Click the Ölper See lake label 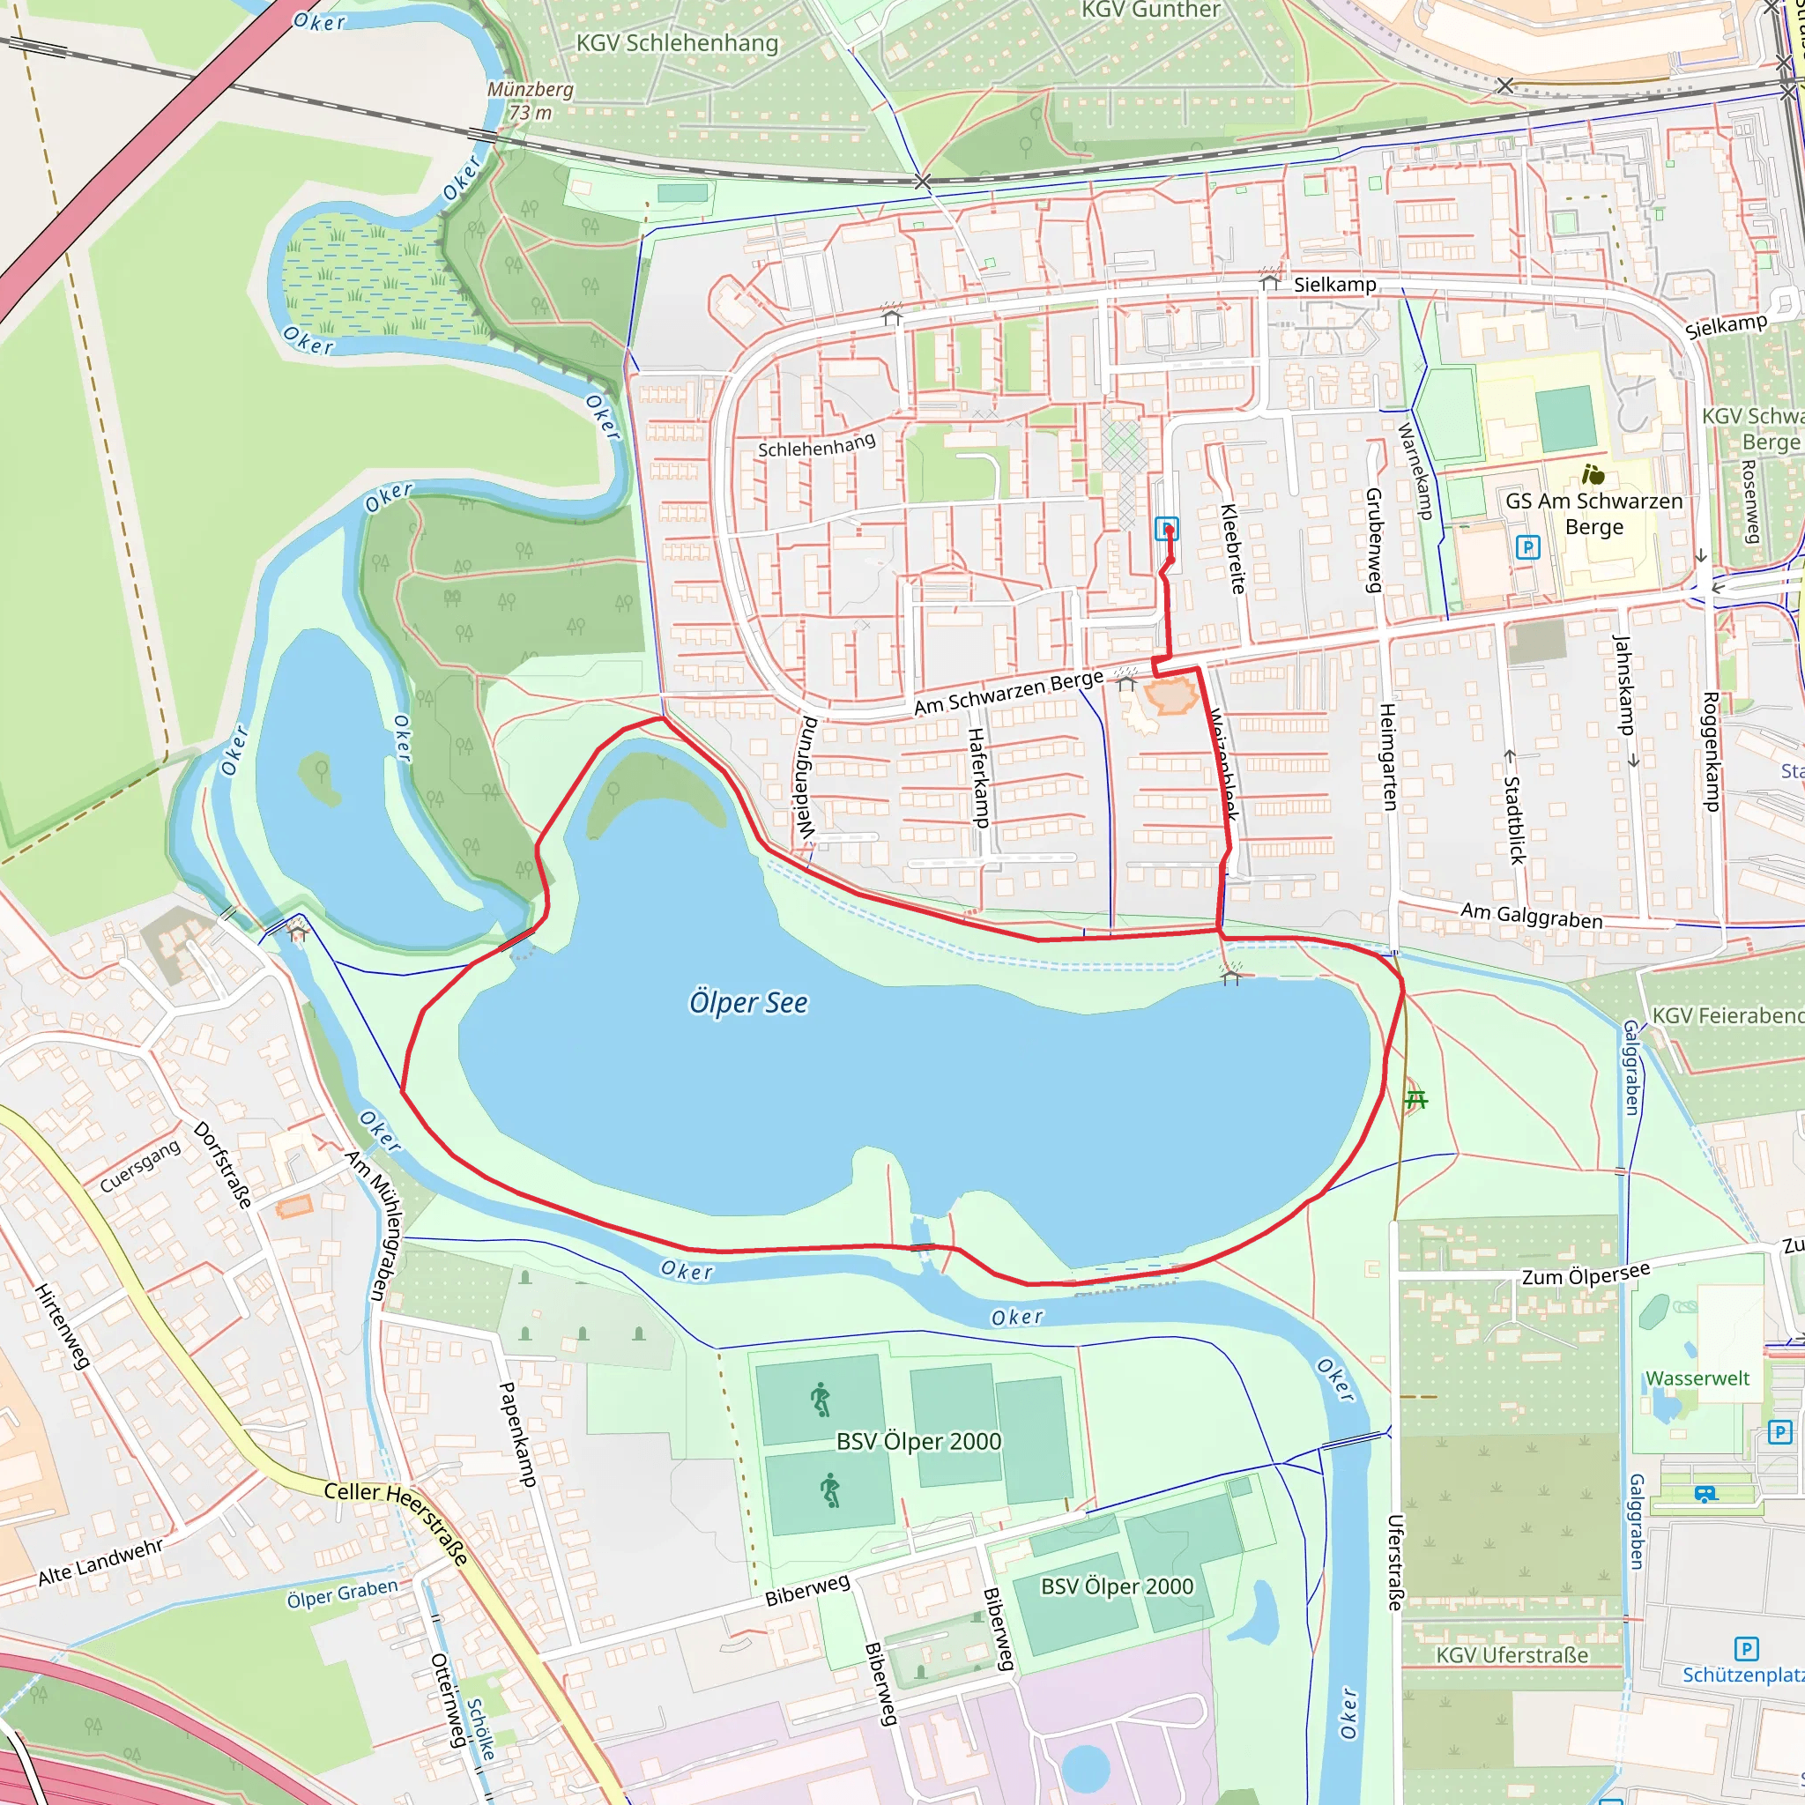748,1002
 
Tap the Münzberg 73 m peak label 530,100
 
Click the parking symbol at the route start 1166,529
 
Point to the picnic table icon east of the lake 1416,1100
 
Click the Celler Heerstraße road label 397,1524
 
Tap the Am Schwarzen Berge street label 1008,694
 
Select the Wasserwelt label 1697,1378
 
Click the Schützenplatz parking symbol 1745,1649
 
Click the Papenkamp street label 516,1434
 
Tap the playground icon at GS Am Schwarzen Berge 1593,475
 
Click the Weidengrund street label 806,777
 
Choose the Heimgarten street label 1388,757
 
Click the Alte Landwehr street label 100,1563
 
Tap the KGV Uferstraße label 1512,1655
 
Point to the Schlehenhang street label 816,445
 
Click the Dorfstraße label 222,1164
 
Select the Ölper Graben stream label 342,1593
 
